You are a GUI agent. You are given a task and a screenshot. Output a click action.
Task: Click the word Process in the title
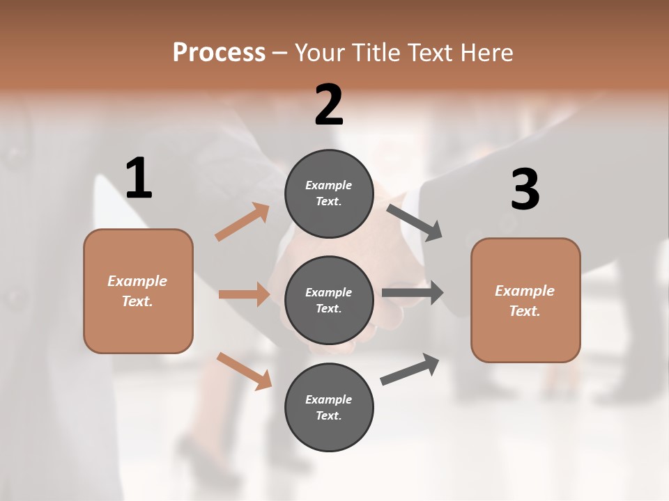point(219,52)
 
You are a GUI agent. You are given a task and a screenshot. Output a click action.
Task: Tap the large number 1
point(139,178)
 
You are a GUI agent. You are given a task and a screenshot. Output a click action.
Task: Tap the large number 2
point(329,105)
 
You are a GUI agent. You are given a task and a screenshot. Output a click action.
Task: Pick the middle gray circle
point(329,300)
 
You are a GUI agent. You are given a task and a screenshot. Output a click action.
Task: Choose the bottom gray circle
point(329,407)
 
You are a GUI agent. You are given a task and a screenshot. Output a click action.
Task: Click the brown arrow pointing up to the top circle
point(242,223)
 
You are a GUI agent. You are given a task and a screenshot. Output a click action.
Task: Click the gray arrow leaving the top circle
point(415,223)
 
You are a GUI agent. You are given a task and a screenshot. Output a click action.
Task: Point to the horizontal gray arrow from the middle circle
point(413,293)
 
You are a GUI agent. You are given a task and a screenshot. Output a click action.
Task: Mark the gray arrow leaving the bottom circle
point(410,369)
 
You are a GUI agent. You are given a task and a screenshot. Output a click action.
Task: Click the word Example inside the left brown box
point(137,281)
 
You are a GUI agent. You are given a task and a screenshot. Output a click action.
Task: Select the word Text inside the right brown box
point(524,311)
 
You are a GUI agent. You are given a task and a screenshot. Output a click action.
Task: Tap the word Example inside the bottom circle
point(329,399)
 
